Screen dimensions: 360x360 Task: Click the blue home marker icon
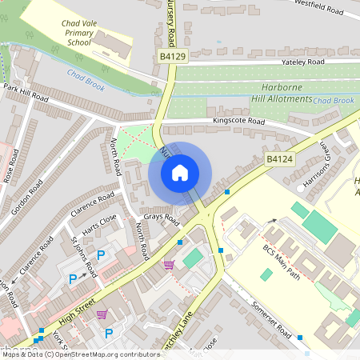180,172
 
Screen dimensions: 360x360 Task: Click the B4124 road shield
279,160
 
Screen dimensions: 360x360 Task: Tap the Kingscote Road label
238,122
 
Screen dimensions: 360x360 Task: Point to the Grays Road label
160,217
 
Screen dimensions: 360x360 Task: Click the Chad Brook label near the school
82,78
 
